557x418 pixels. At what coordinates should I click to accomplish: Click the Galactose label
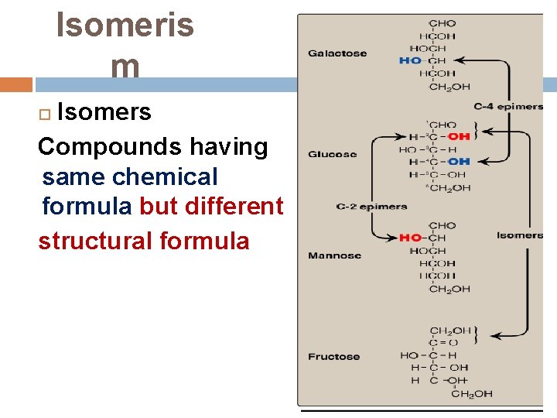[x=337, y=53]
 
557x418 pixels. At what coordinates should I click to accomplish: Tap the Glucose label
[x=332, y=154]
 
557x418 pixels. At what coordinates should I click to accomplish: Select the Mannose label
[x=334, y=255]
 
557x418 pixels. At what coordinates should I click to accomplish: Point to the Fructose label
[x=333, y=357]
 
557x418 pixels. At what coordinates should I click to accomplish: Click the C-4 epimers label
[x=508, y=106]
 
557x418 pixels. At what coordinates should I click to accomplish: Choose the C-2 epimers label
[x=371, y=207]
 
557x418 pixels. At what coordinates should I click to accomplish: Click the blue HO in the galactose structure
[x=411, y=60]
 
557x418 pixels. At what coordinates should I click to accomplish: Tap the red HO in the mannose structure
[x=410, y=238]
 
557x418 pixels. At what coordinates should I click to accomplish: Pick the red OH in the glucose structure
[x=458, y=136]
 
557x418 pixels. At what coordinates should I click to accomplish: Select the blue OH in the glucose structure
[x=458, y=161]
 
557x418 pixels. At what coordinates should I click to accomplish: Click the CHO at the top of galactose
[x=442, y=23]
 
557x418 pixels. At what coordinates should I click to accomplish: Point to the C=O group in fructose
[x=443, y=343]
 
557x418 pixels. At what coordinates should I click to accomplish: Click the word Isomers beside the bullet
[x=104, y=112]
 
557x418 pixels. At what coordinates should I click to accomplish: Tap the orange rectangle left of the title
[x=16, y=84]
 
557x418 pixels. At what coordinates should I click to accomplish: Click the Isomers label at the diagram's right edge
[x=520, y=235]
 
